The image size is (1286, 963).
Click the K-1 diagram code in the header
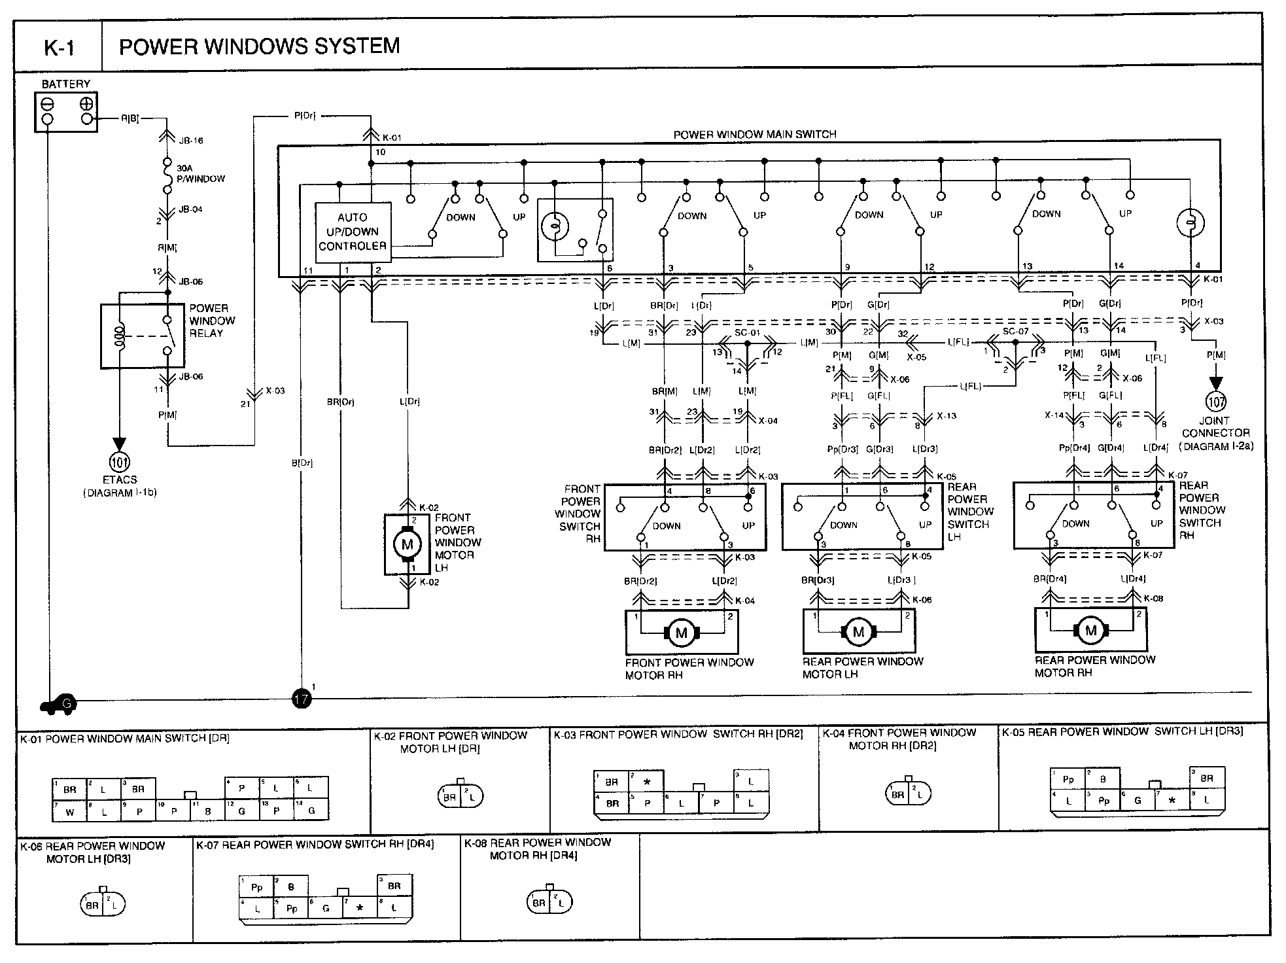pos(59,48)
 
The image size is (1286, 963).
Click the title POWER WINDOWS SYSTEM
pos(259,46)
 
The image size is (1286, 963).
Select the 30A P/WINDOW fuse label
pos(200,173)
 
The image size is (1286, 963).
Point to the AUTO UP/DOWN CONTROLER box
pos(353,232)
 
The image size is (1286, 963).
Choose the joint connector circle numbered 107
pos(1216,401)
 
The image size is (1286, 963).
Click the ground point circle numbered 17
pos(301,699)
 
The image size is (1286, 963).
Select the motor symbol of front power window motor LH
pos(407,544)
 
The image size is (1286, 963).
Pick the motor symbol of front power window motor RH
pos(682,632)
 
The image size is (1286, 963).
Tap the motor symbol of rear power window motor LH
pos(858,631)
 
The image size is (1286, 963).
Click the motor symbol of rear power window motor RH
pos(1090,630)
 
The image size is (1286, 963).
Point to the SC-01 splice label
pos(747,333)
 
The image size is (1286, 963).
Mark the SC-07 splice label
pos(1015,332)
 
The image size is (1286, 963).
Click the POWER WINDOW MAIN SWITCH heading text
pos(755,135)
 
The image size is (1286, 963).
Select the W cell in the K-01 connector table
pos(70,813)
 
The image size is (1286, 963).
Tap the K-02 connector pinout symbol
pos(460,796)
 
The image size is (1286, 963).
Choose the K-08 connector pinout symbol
pos(549,902)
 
